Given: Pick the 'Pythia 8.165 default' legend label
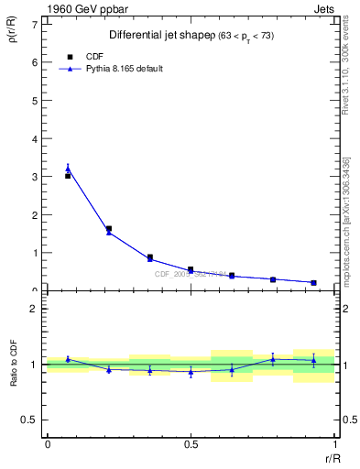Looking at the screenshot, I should (125, 69).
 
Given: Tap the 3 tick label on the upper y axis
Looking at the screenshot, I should (38, 176).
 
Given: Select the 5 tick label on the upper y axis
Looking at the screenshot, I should (38, 100).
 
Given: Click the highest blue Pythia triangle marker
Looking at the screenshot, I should (68, 169).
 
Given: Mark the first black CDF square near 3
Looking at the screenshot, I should (68, 176).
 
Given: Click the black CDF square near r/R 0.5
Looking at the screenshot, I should (191, 269).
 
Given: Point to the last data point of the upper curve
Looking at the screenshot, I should (313, 282).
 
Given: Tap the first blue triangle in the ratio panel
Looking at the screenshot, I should (68, 359).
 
